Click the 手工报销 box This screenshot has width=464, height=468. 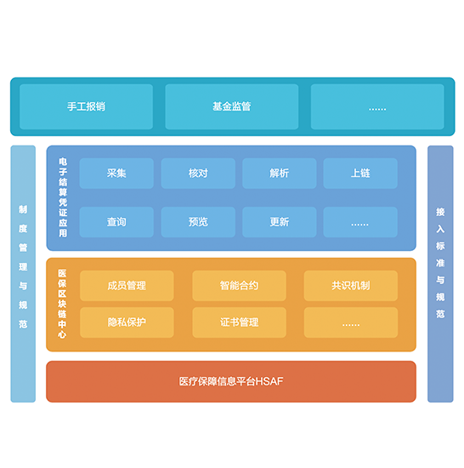tap(87, 106)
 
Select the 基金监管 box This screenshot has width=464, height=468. tap(232, 106)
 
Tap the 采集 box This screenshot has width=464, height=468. tap(116, 173)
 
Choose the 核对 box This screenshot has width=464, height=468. tap(198, 173)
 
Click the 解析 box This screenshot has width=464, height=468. tap(280, 173)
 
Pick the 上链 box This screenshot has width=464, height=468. tap(360, 173)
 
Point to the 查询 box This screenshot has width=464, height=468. tap(116, 222)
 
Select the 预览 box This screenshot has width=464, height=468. tap(198, 222)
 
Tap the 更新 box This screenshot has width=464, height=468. tap(280, 222)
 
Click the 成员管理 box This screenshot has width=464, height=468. tap(127, 286)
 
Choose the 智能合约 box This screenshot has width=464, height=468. tap(239, 286)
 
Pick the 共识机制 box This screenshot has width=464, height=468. tap(351, 286)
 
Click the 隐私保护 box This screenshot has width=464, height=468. tap(127, 322)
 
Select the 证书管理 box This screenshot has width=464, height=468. tap(239, 322)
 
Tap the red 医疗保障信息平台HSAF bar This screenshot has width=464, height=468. tap(231, 381)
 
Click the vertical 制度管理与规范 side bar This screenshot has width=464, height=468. tap(23, 274)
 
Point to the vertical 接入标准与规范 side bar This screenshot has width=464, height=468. tap(440, 274)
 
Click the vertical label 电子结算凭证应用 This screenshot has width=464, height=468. tap(63, 197)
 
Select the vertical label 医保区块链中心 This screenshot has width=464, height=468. tap(62, 304)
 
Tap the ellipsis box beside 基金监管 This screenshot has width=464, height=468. tap(377, 106)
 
